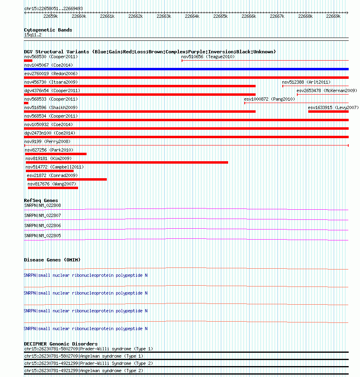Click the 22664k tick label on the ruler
tap(192, 16)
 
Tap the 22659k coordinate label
tap(51, 16)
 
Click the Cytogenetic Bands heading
tap(48, 30)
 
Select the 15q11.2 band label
tap(33, 35)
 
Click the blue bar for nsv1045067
tap(186, 69)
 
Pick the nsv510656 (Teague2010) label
tap(208, 57)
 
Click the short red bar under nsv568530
tap(28, 61)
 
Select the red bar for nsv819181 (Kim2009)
tap(127, 162)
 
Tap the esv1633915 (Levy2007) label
tap(333, 107)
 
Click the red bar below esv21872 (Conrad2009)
tap(67, 179)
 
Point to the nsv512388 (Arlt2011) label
tap(306, 82)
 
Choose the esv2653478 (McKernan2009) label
tap(327, 91)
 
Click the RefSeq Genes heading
tap(41, 200)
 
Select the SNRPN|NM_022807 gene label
tap(42, 215)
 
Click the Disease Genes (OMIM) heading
tap(52, 259)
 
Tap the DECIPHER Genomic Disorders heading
tap(61, 344)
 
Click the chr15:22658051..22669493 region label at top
tap(53, 8)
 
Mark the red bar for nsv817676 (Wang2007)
tap(53, 188)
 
